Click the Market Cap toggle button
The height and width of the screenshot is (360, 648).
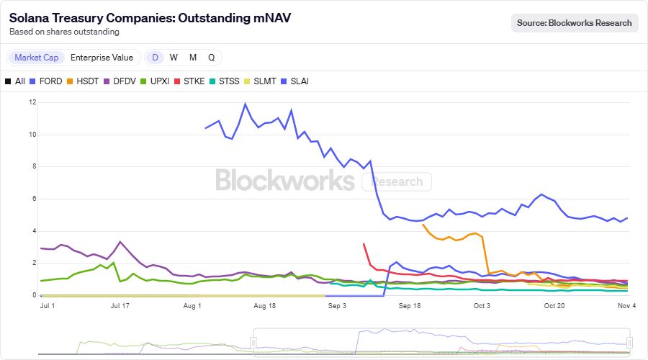click(37, 58)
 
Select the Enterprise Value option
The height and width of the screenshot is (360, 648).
click(102, 58)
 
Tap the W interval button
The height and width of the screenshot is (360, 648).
click(174, 58)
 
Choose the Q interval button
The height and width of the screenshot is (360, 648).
click(211, 58)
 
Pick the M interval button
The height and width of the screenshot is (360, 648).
click(193, 58)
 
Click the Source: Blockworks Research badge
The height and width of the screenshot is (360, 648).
click(575, 23)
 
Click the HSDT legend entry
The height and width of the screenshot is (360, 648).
click(83, 81)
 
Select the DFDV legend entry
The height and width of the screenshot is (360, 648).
click(120, 81)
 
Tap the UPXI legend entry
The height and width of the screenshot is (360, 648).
click(154, 81)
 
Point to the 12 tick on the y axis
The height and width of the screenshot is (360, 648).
click(32, 102)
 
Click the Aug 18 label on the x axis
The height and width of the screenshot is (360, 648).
click(265, 306)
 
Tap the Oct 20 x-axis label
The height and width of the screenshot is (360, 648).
click(554, 306)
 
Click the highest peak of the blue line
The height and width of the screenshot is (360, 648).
click(246, 104)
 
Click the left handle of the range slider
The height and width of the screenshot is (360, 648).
click(253, 342)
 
